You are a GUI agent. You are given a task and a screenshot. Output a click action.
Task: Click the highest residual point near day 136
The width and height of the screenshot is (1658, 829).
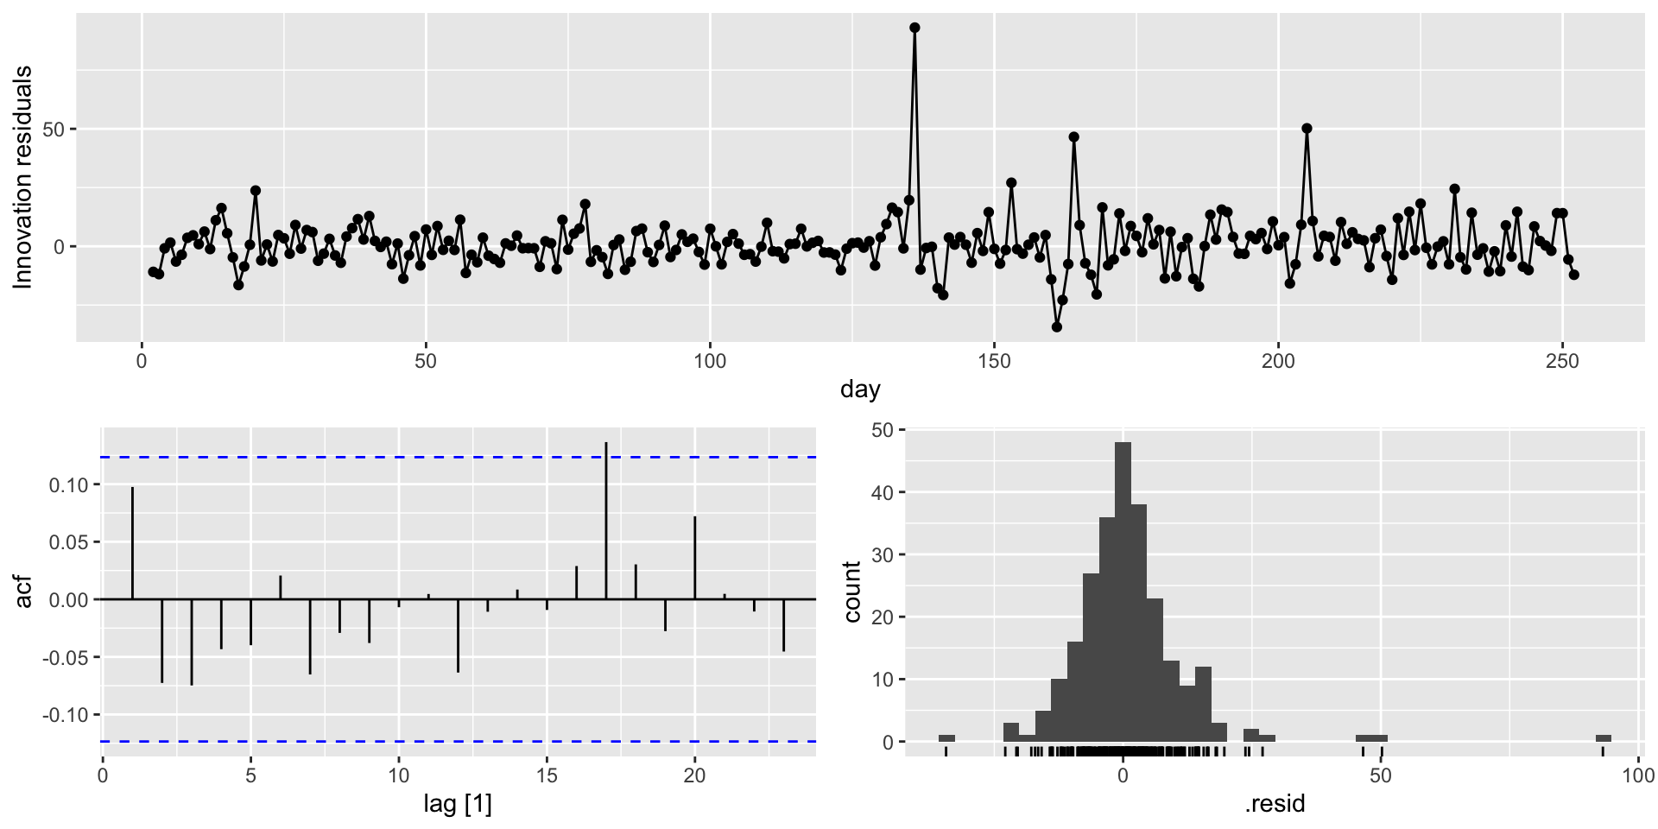914,28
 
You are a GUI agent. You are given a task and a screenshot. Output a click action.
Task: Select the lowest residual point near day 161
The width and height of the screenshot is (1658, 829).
1057,327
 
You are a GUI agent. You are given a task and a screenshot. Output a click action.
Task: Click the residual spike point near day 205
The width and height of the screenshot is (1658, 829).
1307,129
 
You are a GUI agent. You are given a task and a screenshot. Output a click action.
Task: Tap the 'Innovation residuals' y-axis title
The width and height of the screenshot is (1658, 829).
23,177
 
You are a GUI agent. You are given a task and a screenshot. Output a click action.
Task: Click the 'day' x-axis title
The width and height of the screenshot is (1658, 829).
860,389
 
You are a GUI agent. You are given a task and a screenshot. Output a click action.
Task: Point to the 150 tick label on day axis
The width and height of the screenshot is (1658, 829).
994,362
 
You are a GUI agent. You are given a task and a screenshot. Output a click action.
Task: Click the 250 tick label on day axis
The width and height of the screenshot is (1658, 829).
1562,362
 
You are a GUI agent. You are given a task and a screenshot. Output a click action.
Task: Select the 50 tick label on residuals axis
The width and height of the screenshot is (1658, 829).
54,130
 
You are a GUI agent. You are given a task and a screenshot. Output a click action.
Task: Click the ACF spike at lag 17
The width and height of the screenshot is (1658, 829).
606,518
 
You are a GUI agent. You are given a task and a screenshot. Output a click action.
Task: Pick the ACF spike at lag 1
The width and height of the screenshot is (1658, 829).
132,542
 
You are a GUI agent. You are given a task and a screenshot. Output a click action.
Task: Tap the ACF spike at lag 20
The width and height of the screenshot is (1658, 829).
694,557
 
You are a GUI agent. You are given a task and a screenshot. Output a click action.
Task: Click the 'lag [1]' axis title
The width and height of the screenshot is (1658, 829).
458,805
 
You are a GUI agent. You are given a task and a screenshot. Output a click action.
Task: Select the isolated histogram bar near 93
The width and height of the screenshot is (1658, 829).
1604,738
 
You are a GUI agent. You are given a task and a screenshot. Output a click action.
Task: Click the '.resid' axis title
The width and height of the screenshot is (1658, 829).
1275,805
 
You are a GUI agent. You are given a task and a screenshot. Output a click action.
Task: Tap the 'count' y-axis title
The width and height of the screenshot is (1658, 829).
852,592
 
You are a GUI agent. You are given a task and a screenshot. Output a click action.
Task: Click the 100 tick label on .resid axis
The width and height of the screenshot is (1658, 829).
1638,775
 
